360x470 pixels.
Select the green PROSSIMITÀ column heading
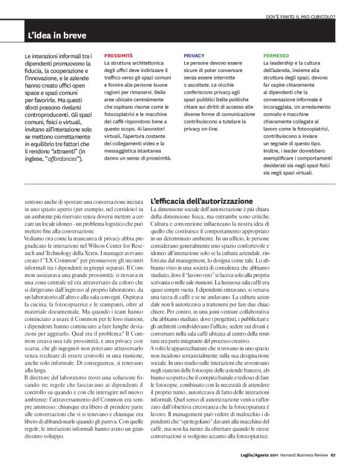pyautogui.click(x=118, y=55)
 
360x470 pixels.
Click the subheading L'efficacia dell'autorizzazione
pyautogui.click(x=202, y=201)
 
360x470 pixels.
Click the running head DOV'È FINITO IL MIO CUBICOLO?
pyautogui.click(x=300, y=16)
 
